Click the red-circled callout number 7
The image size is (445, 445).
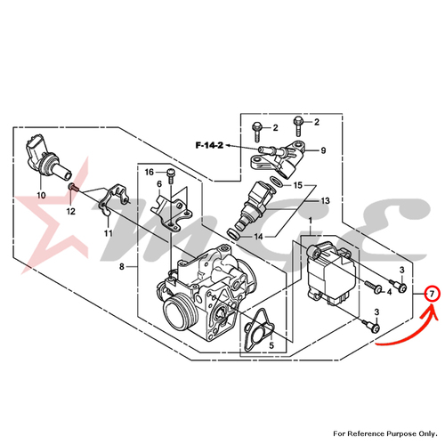[x=431, y=293]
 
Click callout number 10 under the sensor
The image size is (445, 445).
[x=40, y=194]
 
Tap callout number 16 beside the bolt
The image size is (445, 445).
[x=149, y=171]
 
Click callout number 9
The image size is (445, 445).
[x=323, y=150]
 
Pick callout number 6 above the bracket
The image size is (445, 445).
[x=158, y=185]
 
